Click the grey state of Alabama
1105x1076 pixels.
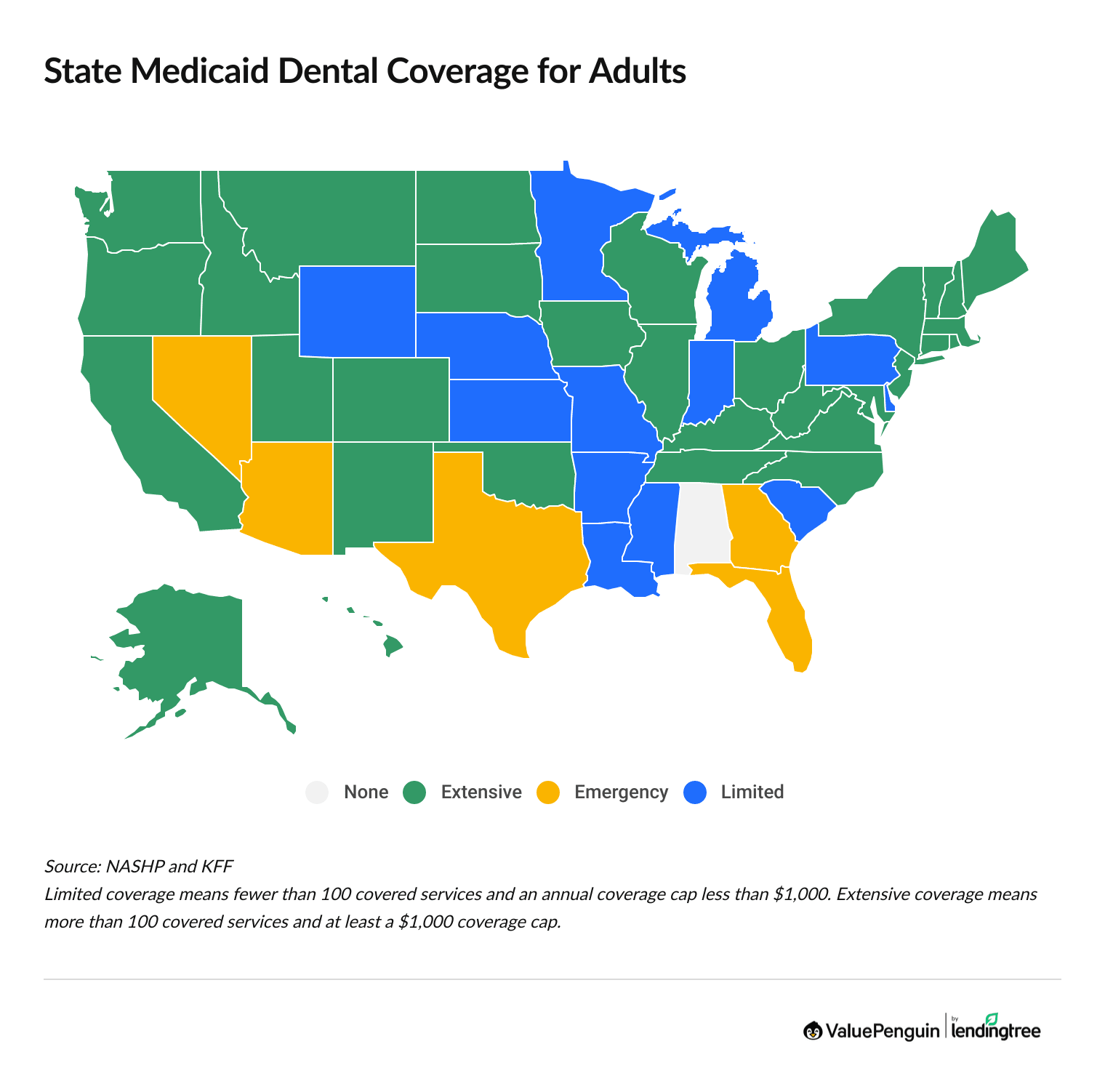702,527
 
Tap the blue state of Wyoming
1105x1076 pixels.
357,311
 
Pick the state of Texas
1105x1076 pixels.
509,553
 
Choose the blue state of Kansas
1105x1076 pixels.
509,411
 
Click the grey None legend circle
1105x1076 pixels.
317,792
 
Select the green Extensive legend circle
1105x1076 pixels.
414,792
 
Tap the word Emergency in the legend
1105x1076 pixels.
620,792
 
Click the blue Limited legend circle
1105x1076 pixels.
696,792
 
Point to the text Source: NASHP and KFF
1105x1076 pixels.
138,866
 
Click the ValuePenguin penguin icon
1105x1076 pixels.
812,1030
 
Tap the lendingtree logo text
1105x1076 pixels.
995,1031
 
